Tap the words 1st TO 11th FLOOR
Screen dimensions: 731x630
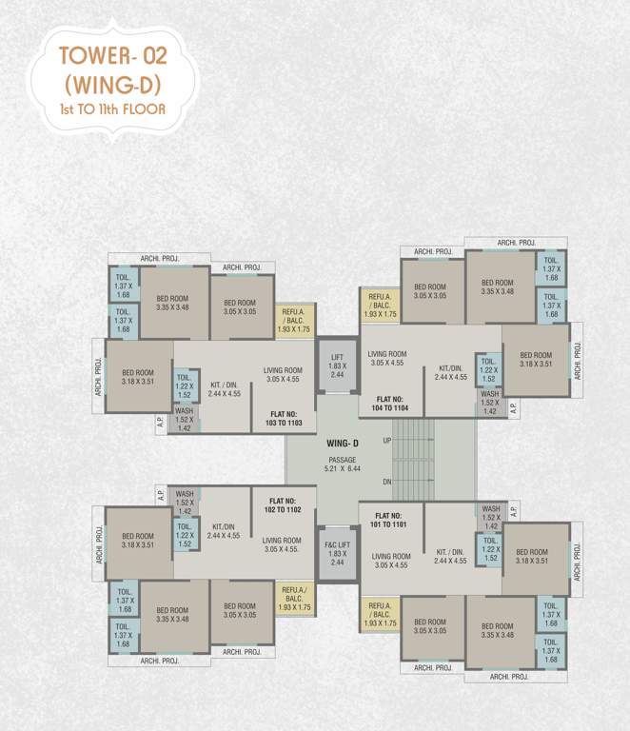(112, 109)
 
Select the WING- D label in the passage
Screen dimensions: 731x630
(342, 444)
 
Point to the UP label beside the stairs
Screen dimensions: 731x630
(386, 441)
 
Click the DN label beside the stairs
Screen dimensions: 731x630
(386, 482)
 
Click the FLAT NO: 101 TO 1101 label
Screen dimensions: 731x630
(390, 521)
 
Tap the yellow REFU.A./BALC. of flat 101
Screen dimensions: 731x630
(380, 615)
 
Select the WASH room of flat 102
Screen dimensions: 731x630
(185, 502)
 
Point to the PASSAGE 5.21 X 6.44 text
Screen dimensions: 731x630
(342, 464)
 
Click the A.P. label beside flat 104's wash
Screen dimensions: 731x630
(513, 408)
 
